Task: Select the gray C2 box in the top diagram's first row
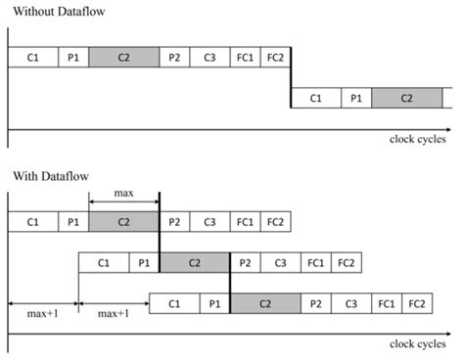point(123,58)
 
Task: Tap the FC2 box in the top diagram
point(275,58)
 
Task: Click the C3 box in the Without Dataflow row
point(209,58)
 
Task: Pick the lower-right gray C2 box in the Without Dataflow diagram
point(406,98)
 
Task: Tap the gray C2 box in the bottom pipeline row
point(265,303)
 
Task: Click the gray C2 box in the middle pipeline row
point(194,263)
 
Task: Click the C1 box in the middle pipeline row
point(103,263)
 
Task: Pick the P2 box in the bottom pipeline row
point(317,303)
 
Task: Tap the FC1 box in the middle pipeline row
point(315,263)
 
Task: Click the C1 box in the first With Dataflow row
point(32,222)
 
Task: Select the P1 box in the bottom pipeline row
point(214,303)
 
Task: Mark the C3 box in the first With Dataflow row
point(209,222)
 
